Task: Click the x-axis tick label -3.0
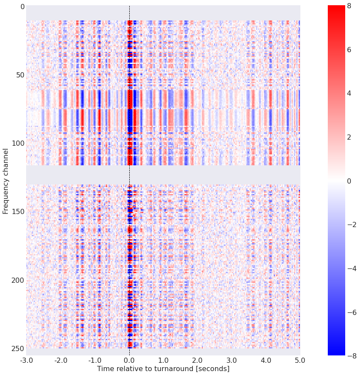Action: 26,360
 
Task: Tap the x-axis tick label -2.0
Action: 61,360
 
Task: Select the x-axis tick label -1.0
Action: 94,360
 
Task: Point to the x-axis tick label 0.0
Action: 129,360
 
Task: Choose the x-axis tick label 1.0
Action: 163,360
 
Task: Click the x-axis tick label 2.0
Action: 198,360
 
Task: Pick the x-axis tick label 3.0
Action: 232,360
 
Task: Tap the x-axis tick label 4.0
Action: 266,360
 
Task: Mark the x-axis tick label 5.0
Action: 300,360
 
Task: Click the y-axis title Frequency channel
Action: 6,181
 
